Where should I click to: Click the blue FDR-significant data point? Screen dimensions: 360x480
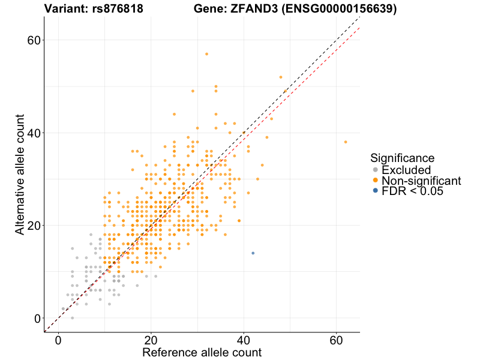253,253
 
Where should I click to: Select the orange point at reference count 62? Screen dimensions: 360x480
346,142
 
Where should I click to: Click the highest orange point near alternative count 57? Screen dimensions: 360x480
206,54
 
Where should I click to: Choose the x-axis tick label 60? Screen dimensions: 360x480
337,340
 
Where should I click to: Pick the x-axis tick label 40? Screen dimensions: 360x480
244,340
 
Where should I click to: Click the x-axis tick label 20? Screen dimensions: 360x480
151,340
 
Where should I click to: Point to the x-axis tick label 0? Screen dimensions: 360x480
58,340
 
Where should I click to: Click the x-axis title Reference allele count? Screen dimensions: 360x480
202,352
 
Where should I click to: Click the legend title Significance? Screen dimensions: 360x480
402,158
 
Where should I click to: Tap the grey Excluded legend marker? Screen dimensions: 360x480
375,170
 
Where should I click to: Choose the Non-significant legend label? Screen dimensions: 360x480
421,181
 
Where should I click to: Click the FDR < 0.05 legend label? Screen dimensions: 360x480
412,191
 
